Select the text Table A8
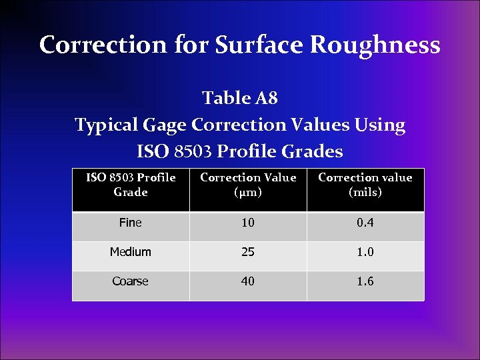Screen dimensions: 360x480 tap(239, 99)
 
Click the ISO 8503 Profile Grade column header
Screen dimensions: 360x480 tap(131, 185)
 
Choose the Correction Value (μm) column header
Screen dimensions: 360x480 tap(248, 185)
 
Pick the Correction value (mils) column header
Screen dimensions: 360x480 tap(365, 185)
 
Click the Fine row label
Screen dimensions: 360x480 tap(130, 223)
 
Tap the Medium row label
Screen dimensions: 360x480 tap(131, 252)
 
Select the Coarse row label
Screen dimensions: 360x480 tap(130, 281)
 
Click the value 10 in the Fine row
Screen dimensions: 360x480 tap(248, 223)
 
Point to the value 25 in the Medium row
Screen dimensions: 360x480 tap(248, 252)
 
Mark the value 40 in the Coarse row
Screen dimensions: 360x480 tap(248, 281)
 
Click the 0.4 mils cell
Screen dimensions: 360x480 tap(365, 223)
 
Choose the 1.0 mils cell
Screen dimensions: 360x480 tap(365, 252)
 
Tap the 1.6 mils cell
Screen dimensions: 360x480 tap(365, 281)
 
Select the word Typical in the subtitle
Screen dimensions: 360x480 tap(105, 125)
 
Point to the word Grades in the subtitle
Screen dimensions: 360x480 tap(313, 152)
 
